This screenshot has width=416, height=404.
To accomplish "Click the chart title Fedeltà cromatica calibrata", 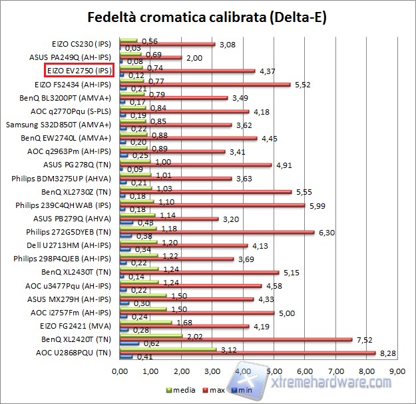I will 208,16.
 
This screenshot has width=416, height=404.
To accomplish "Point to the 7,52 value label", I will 363,339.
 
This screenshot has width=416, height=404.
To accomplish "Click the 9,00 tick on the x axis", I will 396,371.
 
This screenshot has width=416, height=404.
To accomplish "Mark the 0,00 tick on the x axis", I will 120,371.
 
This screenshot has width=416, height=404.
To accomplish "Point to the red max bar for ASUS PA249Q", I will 150,57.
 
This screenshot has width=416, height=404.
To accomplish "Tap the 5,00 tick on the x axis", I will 274,371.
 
